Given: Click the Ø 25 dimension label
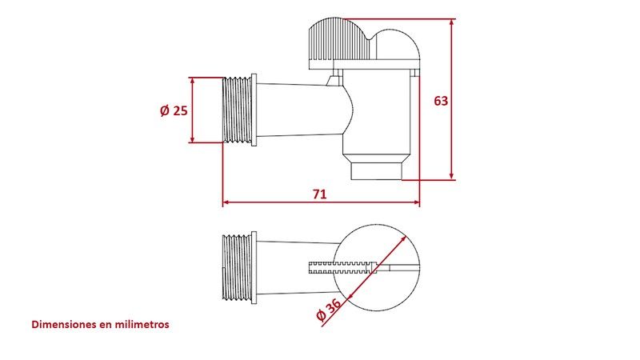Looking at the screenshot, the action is pos(174,110).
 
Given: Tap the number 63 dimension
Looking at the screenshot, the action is pos(441,101).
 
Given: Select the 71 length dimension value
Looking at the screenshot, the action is pos(319,194).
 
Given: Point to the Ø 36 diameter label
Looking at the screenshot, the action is pos(329,310).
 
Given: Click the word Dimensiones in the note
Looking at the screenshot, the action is pos(64,325).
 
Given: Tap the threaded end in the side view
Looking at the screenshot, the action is pos(237,110).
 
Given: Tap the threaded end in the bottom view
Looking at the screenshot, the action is pos(237,267).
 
